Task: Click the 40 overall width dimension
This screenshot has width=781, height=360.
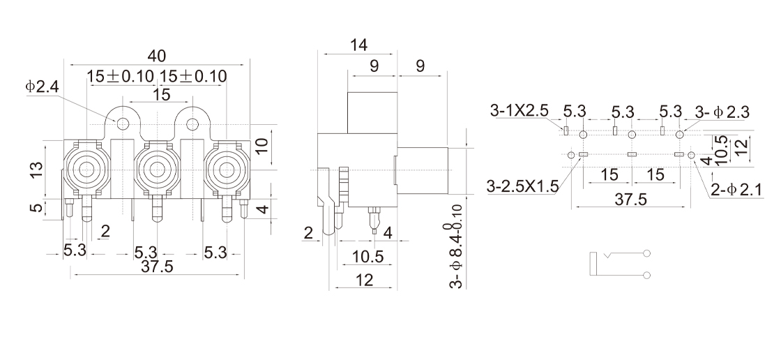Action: (158, 55)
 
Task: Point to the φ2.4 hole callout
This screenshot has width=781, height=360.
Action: (44, 87)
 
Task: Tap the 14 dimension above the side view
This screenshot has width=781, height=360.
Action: (358, 45)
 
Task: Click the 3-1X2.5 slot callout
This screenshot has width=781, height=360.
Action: (520, 110)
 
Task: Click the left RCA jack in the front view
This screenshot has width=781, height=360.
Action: (87, 169)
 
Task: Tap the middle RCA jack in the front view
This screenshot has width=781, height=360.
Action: (158, 169)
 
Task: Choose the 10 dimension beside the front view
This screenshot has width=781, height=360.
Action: (260, 147)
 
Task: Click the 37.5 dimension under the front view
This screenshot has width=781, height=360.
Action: (157, 267)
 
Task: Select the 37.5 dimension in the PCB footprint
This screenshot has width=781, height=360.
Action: (629, 200)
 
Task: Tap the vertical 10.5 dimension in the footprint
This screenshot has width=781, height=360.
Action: (720, 147)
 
